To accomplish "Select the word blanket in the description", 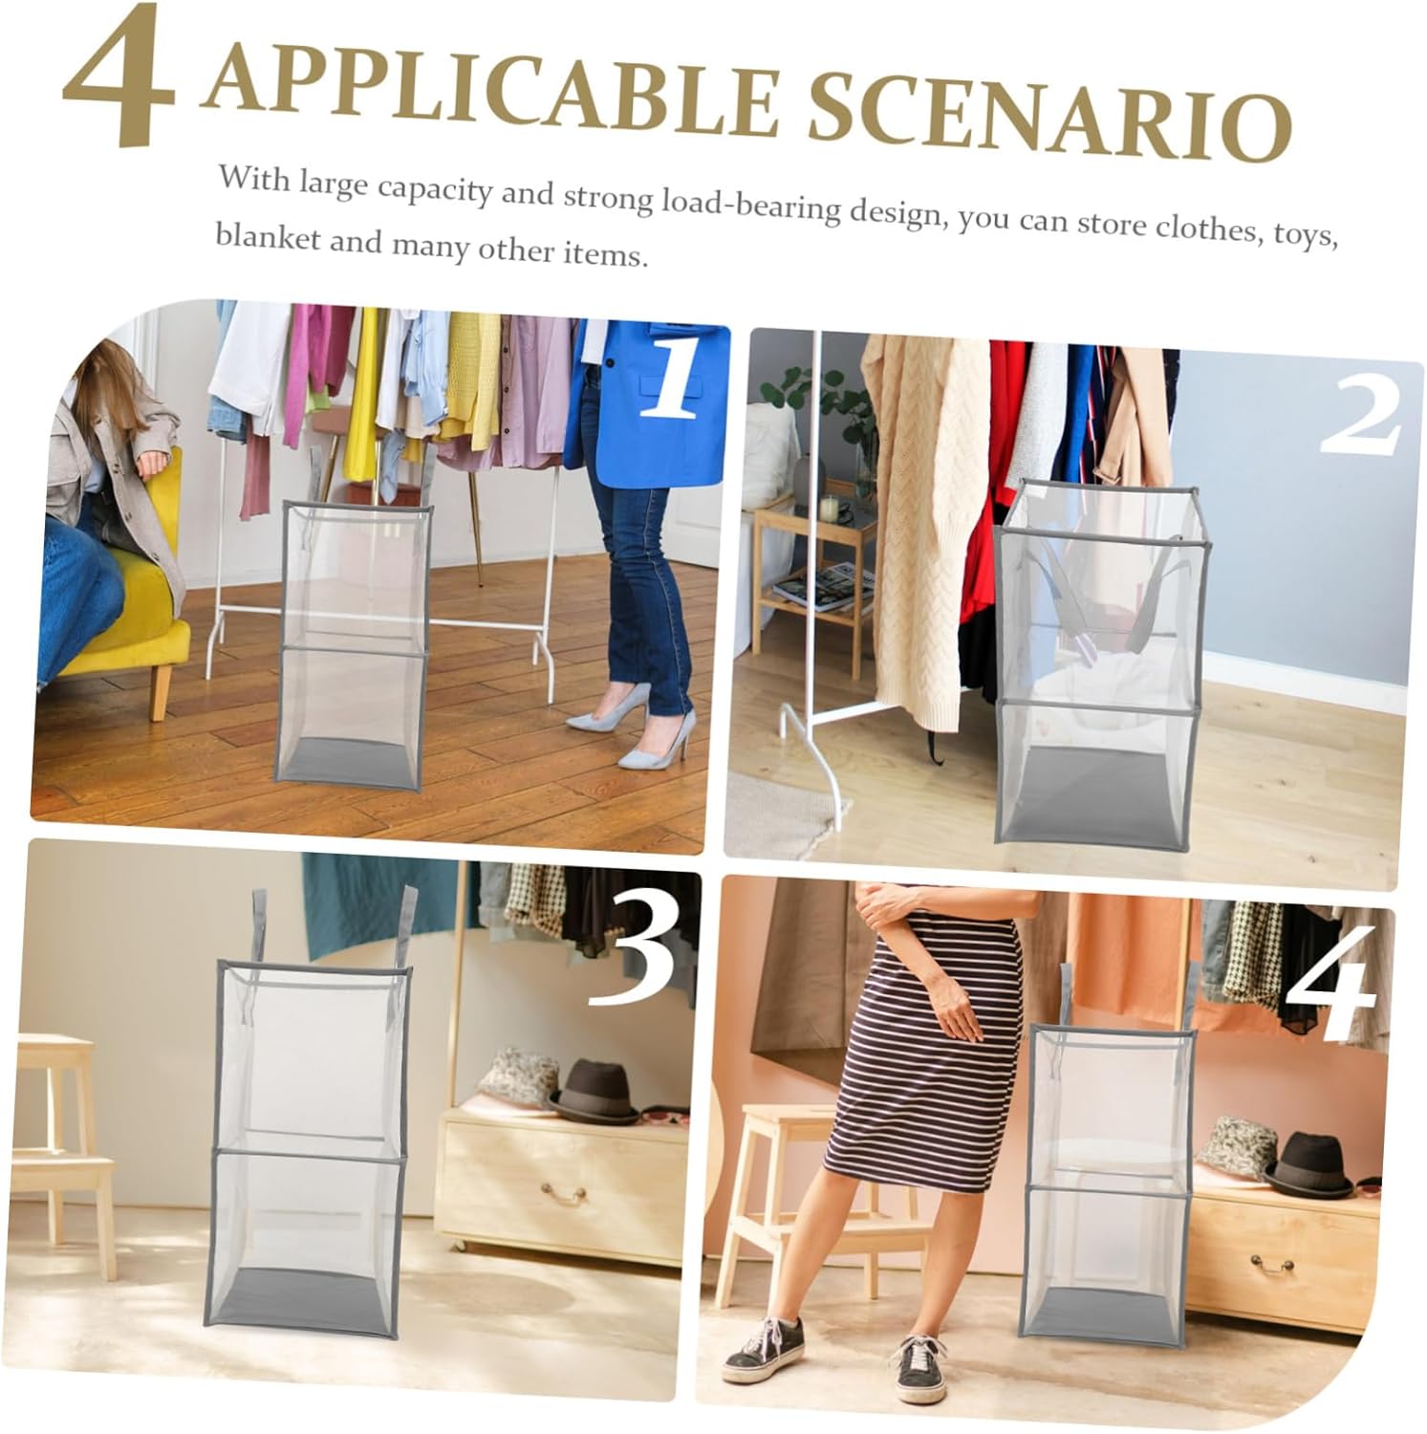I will [x=267, y=237].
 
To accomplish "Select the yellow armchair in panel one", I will [x=124, y=593].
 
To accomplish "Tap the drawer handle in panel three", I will [x=563, y=1193].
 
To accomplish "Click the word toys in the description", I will [x=1304, y=234].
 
